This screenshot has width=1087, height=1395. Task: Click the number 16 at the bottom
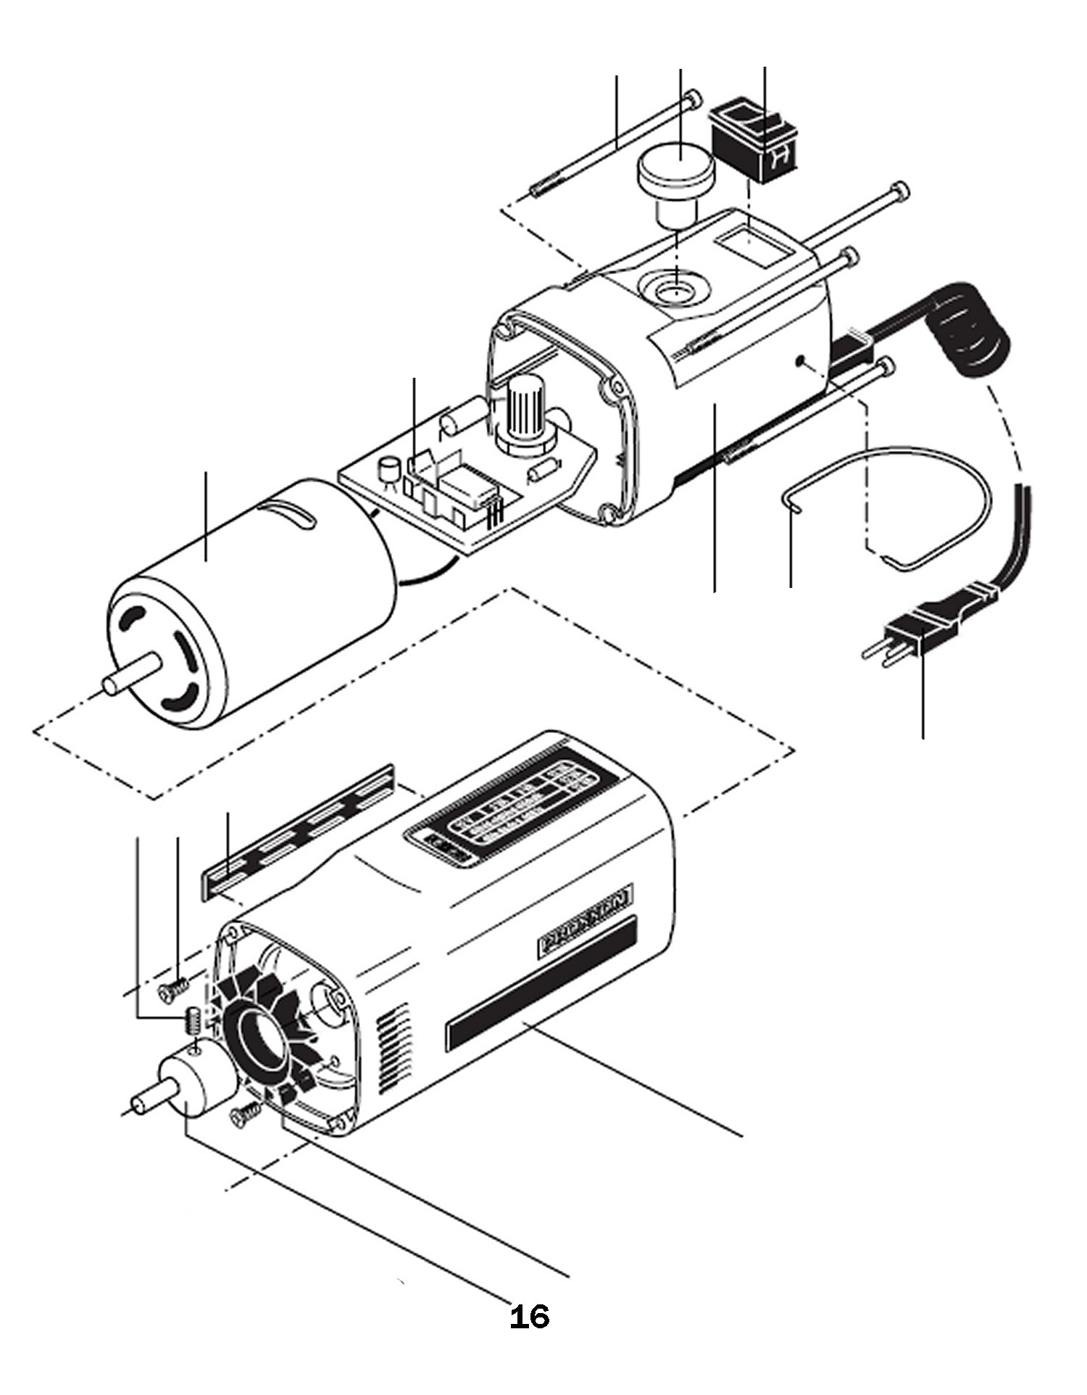[530, 1317]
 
